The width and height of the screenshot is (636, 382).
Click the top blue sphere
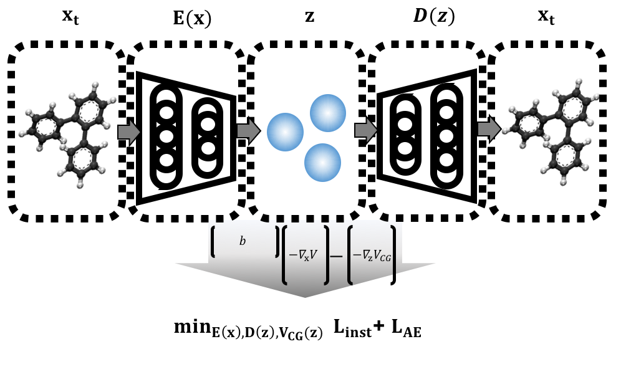328,113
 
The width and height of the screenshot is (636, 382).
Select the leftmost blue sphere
285,132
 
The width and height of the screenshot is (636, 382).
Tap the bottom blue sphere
322,163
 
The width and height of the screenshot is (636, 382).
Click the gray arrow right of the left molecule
129,132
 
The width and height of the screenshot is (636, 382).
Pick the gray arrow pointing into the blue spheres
248,131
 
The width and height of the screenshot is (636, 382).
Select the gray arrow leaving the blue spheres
366,130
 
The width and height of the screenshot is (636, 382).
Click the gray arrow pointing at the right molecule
489,129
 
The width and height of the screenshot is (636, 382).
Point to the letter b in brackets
243,241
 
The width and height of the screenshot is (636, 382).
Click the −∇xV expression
303,255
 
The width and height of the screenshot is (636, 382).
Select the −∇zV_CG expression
372,255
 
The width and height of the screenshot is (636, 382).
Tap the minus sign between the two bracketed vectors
336,255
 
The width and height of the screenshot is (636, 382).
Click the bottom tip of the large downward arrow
305,297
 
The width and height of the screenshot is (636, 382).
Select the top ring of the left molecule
89,111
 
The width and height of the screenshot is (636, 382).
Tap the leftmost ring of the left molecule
46,127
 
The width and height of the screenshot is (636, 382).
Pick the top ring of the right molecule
572,107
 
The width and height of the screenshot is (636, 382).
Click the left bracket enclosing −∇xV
285,255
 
